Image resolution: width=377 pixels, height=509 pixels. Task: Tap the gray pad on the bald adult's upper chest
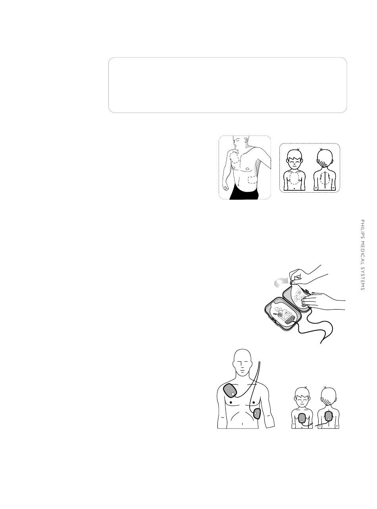point(231,392)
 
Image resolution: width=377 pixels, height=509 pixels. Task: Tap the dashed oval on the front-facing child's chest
point(294,178)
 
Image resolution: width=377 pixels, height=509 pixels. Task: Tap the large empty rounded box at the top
point(227,85)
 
